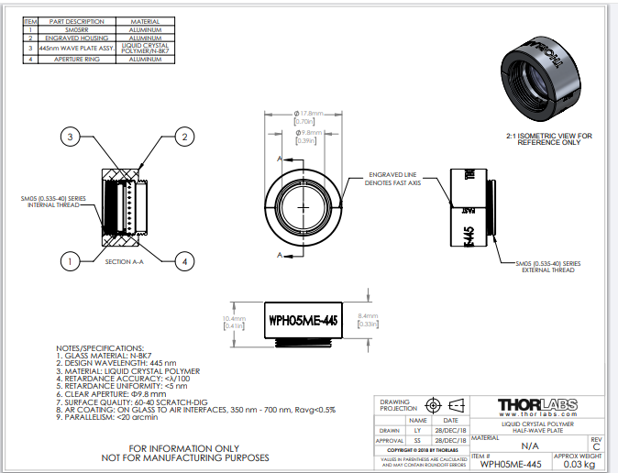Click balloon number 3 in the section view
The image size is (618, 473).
[x=68, y=137]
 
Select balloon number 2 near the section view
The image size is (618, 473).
[x=184, y=137]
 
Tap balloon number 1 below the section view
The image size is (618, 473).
[x=68, y=261]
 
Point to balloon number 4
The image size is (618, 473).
[x=184, y=261]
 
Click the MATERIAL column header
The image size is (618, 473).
[x=146, y=21]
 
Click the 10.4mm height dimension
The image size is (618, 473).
[x=232, y=319]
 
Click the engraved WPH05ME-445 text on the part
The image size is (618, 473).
[x=303, y=320]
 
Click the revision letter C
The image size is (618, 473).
[x=597, y=446]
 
